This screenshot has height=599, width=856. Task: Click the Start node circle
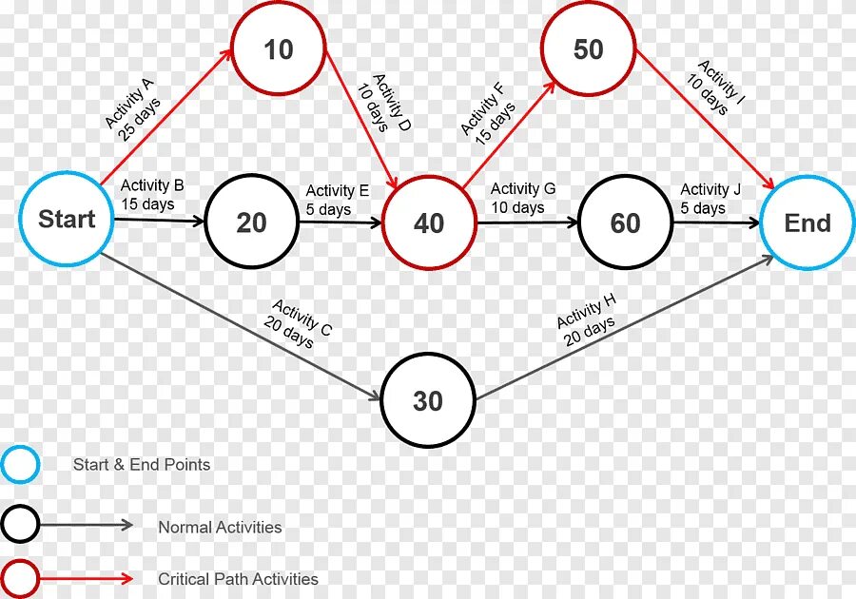tap(66, 220)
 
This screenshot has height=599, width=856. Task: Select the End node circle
tap(807, 223)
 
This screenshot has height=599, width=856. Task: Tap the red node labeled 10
tap(278, 49)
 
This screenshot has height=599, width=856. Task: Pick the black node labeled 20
tap(251, 222)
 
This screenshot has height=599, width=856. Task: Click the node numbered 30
tap(428, 401)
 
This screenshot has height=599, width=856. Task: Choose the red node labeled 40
tap(429, 222)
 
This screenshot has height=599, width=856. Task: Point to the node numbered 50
tap(588, 49)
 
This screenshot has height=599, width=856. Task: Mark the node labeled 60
tap(625, 223)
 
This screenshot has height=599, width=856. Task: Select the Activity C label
tap(298, 323)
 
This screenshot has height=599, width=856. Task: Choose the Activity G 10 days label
tap(522, 198)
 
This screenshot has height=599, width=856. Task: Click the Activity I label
tap(716, 88)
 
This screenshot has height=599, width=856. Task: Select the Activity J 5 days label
tap(704, 199)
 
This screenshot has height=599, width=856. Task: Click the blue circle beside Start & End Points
tap(20, 465)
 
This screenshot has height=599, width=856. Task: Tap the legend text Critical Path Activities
tap(238, 579)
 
